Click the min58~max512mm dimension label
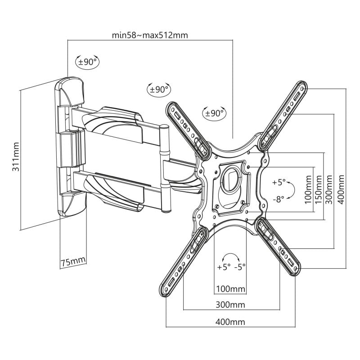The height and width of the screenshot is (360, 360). pos(150,35)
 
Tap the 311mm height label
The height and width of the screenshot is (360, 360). pos(16,157)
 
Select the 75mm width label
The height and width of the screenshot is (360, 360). pos(73,261)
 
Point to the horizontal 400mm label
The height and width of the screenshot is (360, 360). pos(230,322)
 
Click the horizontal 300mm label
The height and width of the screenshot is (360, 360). pos(230,305)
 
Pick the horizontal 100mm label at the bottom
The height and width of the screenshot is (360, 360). pos(230,288)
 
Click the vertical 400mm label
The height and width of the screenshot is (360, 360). pos(341,189)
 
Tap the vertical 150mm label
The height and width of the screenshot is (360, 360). pos(318,189)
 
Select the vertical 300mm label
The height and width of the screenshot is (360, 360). pos(329,189)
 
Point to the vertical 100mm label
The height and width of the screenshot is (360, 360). pos(308,189)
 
